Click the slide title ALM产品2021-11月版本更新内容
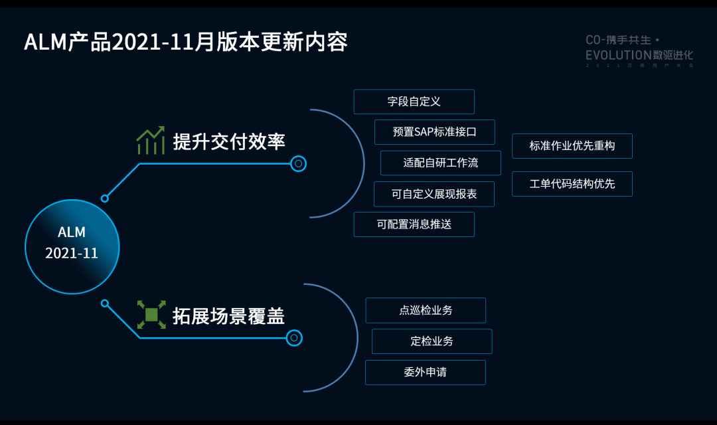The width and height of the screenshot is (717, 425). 186,42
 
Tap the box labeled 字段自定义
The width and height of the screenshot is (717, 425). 414,102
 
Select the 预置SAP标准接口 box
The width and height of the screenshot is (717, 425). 434,132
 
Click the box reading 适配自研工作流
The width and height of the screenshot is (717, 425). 440,163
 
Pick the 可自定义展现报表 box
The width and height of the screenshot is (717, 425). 434,194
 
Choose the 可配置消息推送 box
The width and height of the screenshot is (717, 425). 414,224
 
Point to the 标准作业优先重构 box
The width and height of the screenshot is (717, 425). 572,146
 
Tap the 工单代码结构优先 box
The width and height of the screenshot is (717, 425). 572,184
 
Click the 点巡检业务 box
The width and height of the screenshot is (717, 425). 426,310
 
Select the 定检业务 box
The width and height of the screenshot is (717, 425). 432,341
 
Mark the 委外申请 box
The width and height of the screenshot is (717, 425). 425,372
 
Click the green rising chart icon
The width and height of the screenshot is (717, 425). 151,140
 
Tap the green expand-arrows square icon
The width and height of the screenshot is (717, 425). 151,315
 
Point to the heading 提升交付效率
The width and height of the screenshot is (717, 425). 229,141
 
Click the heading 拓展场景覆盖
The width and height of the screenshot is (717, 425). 229,315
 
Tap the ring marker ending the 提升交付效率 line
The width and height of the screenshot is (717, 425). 299,163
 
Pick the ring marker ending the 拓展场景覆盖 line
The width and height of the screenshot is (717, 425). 294,338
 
